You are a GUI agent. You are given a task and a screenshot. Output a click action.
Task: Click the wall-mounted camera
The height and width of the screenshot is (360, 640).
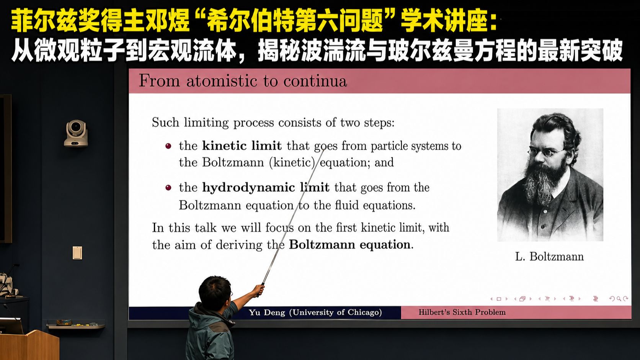point(76,133)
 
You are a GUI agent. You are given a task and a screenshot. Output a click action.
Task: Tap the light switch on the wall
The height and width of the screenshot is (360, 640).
point(77,253)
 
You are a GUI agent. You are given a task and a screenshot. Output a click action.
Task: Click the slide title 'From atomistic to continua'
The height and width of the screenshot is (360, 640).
point(243,81)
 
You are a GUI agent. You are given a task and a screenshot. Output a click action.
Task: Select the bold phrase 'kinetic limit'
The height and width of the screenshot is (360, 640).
point(242,146)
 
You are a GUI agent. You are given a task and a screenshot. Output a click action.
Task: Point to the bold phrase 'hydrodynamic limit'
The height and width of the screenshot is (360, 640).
point(266,188)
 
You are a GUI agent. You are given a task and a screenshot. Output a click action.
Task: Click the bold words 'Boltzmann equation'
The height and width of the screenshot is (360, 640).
point(350,245)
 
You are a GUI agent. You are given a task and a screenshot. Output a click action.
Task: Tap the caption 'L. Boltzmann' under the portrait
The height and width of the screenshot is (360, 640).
point(549,257)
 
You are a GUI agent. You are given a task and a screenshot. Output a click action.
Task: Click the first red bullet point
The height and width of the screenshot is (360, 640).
point(168,146)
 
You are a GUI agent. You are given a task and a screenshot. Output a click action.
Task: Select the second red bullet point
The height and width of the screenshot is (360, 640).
point(168,188)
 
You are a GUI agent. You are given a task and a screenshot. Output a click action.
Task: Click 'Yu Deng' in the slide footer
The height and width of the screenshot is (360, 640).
point(267,312)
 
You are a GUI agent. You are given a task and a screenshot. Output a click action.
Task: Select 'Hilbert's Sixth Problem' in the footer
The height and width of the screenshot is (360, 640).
point(462,312)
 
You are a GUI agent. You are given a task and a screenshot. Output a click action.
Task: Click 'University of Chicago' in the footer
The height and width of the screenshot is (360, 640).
point(335,312)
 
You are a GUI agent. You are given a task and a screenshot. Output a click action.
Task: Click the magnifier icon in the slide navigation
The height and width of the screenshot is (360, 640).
point(619,299)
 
